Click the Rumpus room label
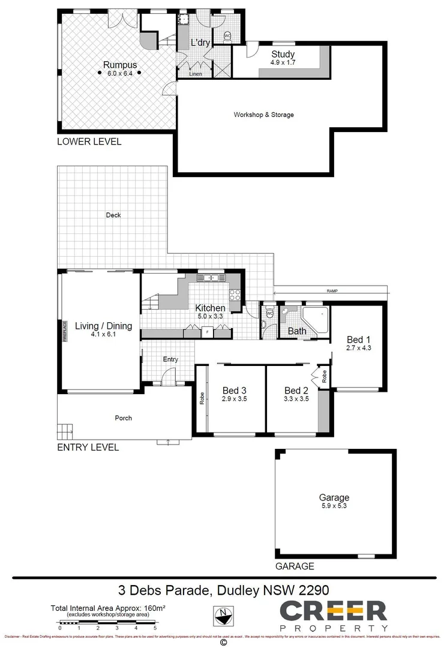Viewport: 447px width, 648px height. pos(120,65)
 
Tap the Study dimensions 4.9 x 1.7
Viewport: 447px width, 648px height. pos(282,62)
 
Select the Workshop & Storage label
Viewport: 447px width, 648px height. pos(263,115)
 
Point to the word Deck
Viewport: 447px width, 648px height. pos(113,215)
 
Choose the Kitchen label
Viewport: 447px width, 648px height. pos(209,308)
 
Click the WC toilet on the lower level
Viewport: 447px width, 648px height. pos(227,36)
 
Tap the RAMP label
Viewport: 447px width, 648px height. pos(332,291)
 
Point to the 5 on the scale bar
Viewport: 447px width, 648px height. pos(155,627)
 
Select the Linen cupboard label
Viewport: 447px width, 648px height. pos(195,74)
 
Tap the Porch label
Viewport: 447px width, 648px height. pos(124,418)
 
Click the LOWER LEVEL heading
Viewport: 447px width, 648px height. pos(89,142)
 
